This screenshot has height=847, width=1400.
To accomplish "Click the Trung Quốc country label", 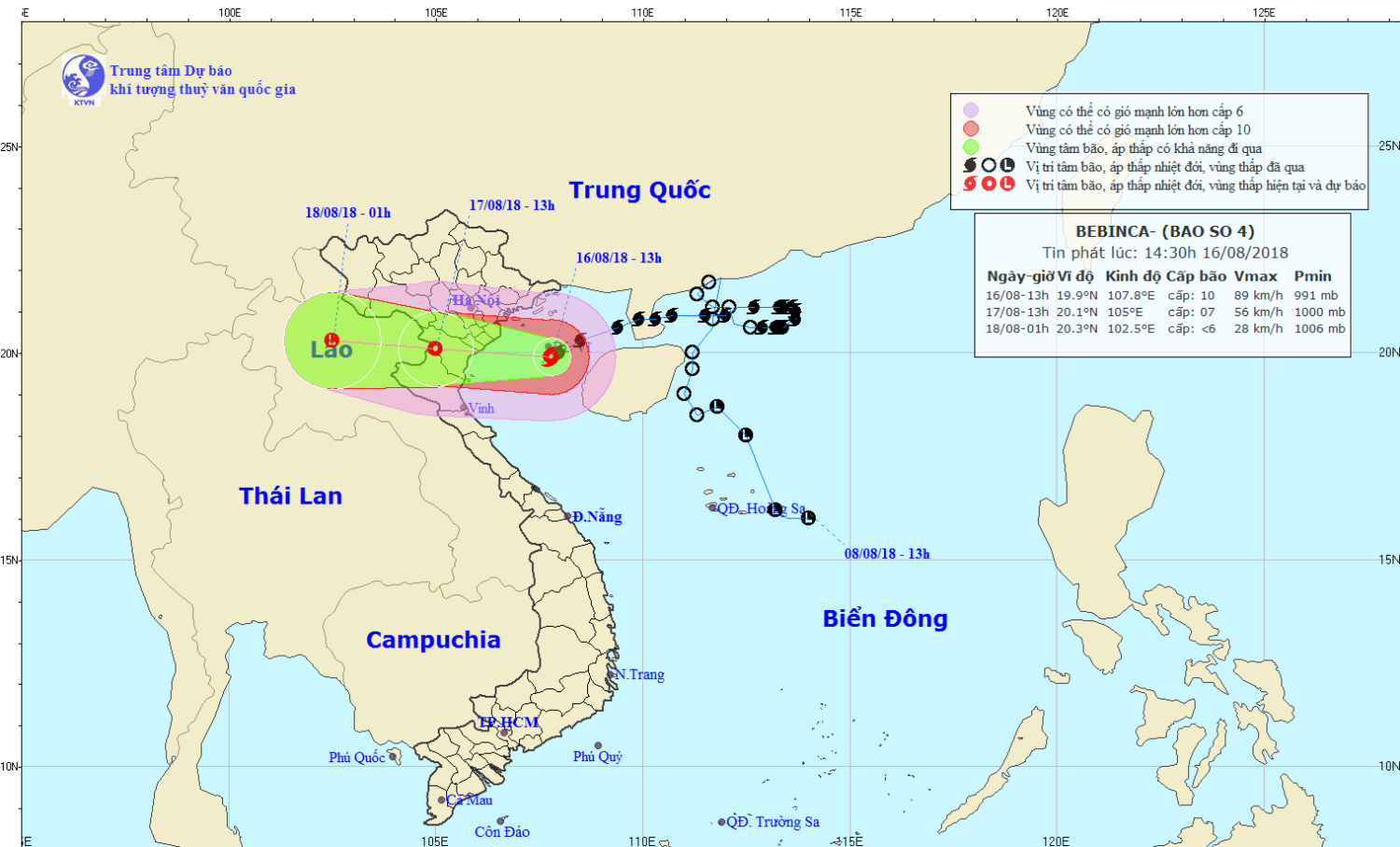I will point(639,190).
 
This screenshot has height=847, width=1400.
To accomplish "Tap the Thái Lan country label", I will point(290,496).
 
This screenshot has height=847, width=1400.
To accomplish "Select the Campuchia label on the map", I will point(433,640).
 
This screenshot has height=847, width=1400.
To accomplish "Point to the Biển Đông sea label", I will point(885,618).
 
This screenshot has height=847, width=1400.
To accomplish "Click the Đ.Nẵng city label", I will point(596,517).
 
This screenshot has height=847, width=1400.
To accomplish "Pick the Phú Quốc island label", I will point(357,757).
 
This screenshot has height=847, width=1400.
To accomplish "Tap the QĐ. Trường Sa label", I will point(773,822).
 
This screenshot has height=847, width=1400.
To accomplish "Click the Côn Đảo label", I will point(502,832).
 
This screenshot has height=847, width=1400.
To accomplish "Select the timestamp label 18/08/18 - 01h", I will point(347,213).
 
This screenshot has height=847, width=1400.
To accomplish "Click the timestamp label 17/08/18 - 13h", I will point(511,205).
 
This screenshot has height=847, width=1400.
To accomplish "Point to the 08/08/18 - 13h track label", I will point(887,554).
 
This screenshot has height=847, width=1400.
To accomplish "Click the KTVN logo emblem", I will point(83,77).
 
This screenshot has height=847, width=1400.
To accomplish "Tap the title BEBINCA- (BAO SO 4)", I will point(1165,231).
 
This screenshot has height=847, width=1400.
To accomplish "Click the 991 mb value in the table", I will point(1316,296).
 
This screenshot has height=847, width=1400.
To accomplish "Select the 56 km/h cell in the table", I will point(1258,312).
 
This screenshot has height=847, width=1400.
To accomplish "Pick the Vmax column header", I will point(1255,276).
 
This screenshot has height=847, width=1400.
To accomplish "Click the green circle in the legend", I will point(971,147).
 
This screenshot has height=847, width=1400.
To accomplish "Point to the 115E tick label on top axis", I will point(850,12).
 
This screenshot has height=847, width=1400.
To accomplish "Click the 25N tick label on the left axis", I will point(9,147).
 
